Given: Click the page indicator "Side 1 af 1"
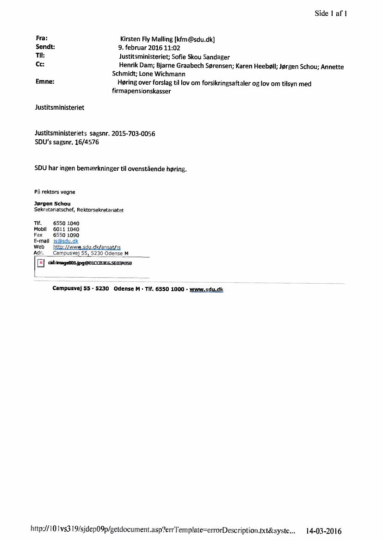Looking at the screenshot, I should tap(331, 13).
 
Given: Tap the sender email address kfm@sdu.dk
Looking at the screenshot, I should tap(194, 40).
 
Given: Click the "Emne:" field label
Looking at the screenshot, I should tap(45, 82).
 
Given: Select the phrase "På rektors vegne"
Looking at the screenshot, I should tap(55, 192).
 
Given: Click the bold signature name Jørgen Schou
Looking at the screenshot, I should tap(49, 204).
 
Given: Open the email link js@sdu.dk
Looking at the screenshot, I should tap(66, 241).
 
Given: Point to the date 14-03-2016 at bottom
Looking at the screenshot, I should tap(324, 531).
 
